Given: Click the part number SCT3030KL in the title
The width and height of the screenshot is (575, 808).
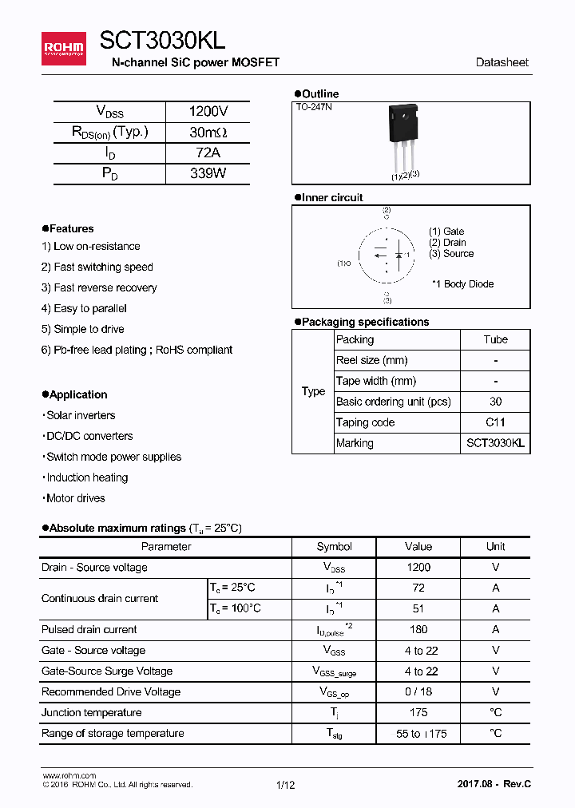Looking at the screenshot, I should coord(162,41).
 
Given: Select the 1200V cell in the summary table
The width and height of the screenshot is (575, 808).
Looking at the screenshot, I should coord(208,112).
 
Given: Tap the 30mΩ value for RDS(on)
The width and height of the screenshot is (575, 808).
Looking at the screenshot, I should coord(208,133).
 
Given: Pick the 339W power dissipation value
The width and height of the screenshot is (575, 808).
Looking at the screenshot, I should coord(208,173).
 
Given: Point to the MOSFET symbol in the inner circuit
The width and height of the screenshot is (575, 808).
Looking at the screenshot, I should coord(387,256).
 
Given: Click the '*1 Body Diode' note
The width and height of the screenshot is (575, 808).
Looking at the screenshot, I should coord(462,284).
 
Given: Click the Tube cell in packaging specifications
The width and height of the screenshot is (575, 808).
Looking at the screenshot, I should coord(495,340).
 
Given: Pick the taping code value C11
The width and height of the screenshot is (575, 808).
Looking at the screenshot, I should coord(495,423).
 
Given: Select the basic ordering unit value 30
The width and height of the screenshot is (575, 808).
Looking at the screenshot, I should coord(495,402).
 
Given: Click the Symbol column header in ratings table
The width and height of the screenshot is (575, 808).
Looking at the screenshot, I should coord(334,547).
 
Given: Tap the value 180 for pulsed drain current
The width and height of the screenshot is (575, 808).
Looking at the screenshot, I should coord(418,630).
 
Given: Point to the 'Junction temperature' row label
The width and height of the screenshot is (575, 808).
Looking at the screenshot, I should coord(91,713).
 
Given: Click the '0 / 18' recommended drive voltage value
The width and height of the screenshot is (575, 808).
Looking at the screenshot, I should coord(418,692).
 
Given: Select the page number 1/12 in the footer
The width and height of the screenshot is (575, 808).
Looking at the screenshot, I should coord(285,786).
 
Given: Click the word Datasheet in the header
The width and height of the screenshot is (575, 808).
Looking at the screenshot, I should coord(502,62).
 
